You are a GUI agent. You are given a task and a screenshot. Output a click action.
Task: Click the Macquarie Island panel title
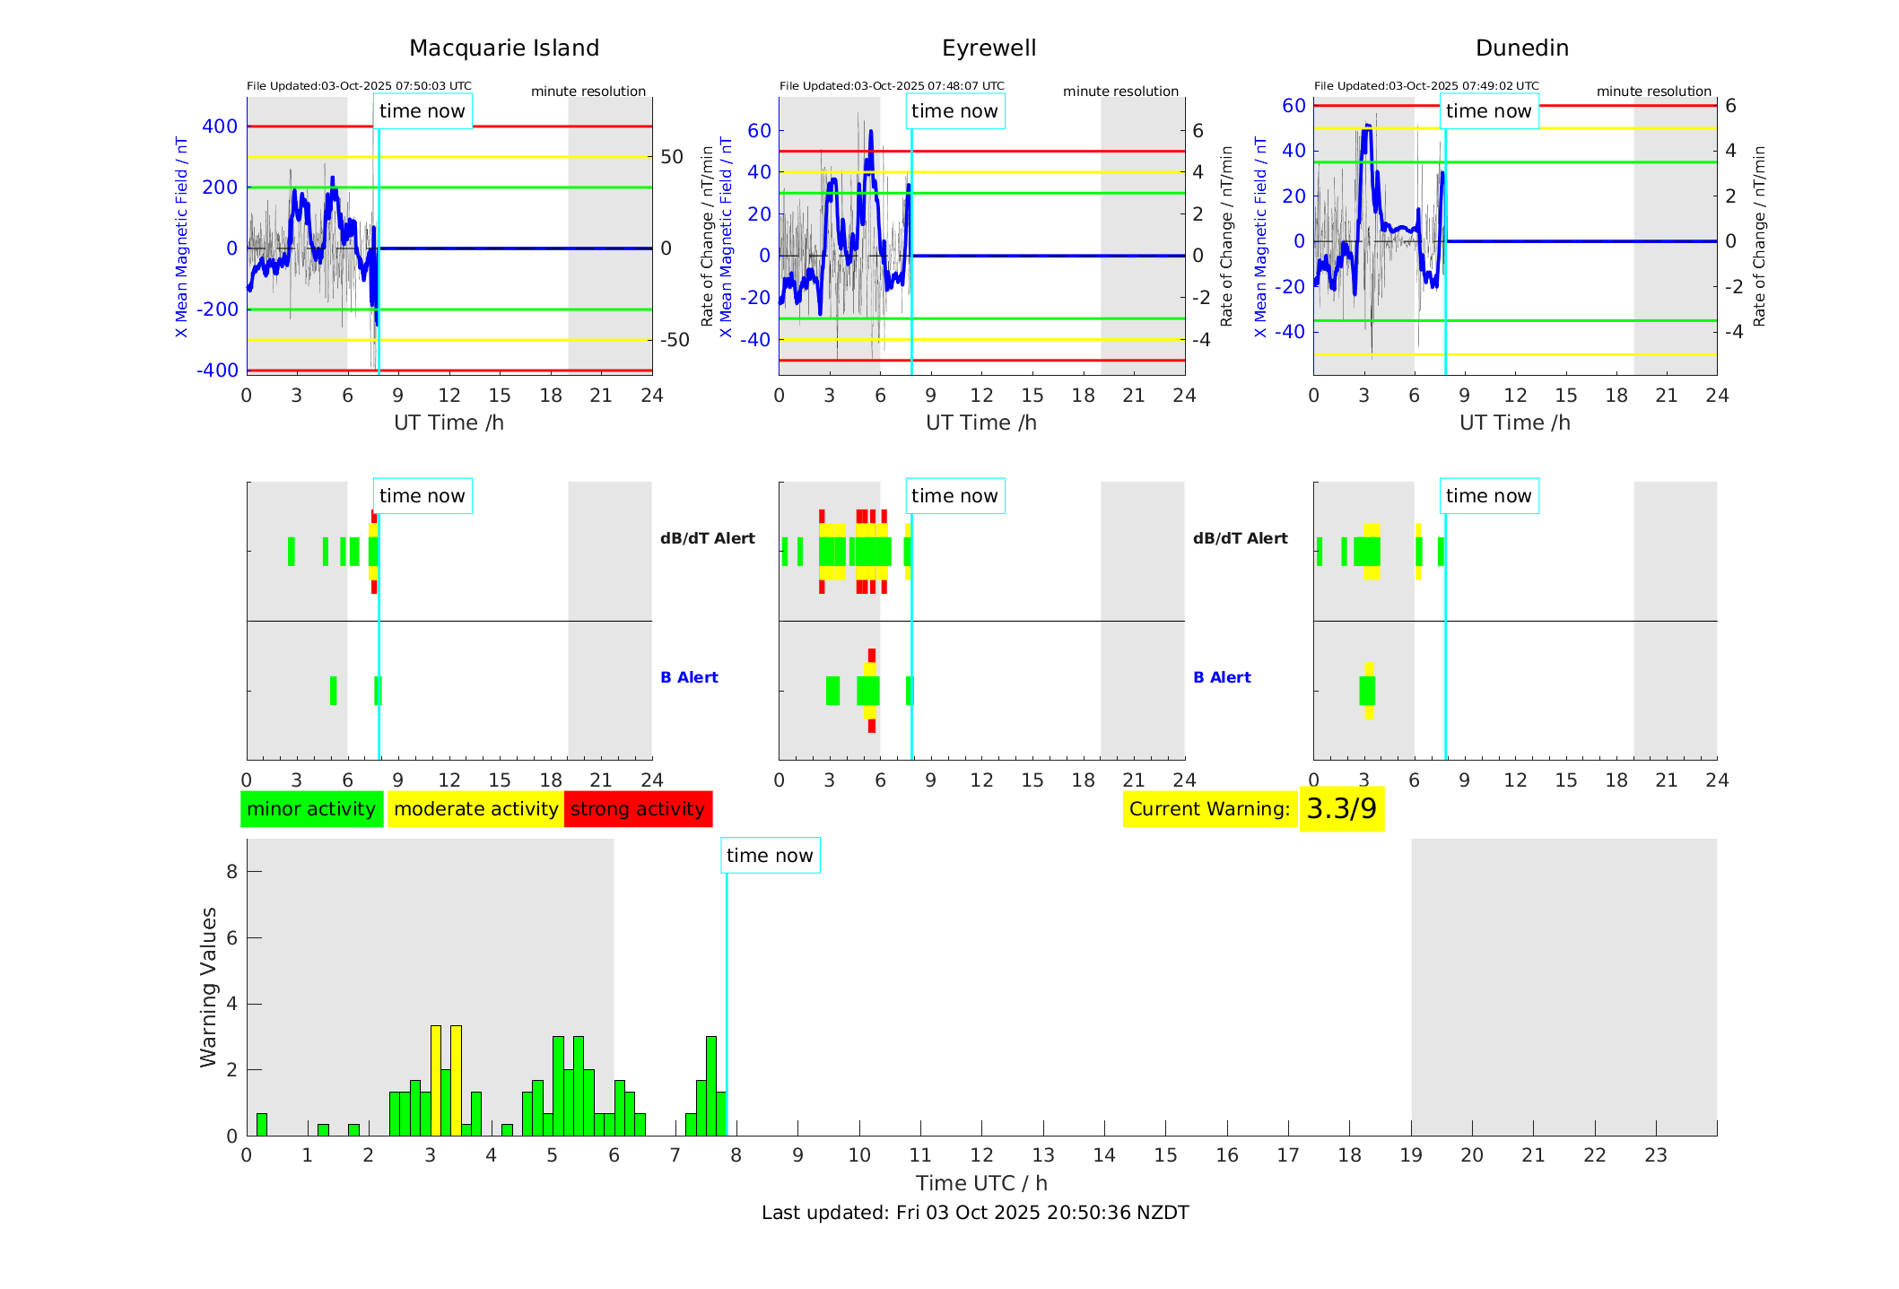(503, 48)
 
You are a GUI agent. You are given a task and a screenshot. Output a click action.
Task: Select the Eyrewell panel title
(989, 48)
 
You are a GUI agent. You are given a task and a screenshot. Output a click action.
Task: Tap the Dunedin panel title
(1521, 48)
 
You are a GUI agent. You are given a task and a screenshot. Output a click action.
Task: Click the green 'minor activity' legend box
(311, 809)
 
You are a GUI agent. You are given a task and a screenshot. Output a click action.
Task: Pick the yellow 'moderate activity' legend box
(475, 809)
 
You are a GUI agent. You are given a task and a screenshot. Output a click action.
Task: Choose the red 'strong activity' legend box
(638, 809)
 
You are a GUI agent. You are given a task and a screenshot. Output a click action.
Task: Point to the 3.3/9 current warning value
(1341, 809)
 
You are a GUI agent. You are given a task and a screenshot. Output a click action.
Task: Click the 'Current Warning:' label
(1209, 809)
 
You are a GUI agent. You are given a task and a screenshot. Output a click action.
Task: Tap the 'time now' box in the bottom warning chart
(770, 856)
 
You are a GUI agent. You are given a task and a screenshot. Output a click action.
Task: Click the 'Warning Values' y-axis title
(209, 987)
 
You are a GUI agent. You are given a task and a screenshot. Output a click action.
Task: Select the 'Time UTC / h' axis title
(981, 1183)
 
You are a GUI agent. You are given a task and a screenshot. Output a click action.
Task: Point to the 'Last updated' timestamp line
(975, 1213)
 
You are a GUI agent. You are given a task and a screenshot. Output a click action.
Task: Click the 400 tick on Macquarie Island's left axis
(220, 126)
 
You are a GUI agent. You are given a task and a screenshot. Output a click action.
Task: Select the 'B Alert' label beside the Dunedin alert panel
(1222, 677)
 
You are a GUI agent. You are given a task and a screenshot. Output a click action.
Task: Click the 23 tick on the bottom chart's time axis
(1655, 1155)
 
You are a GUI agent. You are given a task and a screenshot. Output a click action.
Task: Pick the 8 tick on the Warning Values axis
(231, 871)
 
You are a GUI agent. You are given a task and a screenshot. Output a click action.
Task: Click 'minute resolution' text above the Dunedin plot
(1653, 91)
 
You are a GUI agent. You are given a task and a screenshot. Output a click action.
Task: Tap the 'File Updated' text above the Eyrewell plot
(892, 86)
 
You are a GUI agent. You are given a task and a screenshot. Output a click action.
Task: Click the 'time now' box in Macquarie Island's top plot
(422, 111)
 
